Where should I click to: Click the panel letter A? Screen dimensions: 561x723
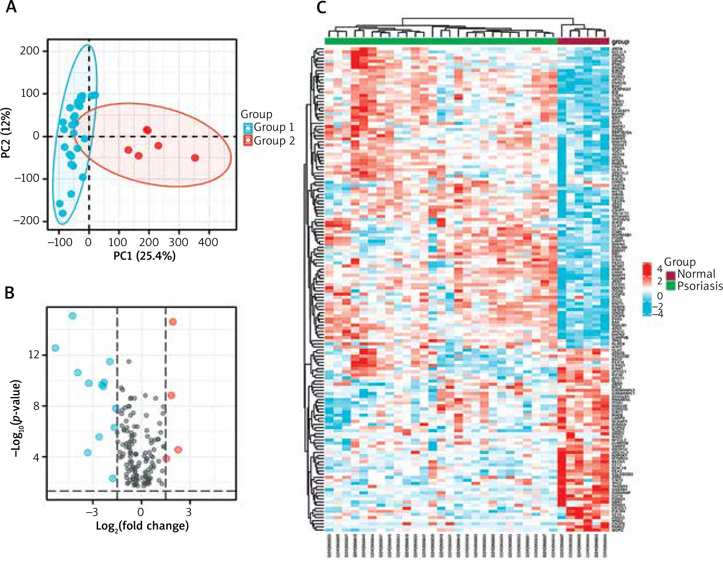pos(12,7)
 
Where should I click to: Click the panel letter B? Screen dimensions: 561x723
pos(9,293)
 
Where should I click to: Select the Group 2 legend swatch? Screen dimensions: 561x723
pos(248,141)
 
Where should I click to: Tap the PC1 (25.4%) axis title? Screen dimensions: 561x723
pos(144,256)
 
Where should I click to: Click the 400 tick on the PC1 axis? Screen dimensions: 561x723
pos(208,242)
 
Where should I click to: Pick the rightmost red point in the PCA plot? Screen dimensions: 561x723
pos(195,158)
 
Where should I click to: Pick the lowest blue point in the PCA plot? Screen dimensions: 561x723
pos(62,213)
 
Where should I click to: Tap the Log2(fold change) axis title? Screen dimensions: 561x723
pos(142,526)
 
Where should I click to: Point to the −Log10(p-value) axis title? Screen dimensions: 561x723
pos(16,419)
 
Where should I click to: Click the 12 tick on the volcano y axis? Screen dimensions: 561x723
pos(34,355)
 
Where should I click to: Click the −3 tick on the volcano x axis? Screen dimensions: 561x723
pos(92,512)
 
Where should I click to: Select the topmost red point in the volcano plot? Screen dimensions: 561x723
pos(173,322)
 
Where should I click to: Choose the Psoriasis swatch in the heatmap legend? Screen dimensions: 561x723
pos(671,286)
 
